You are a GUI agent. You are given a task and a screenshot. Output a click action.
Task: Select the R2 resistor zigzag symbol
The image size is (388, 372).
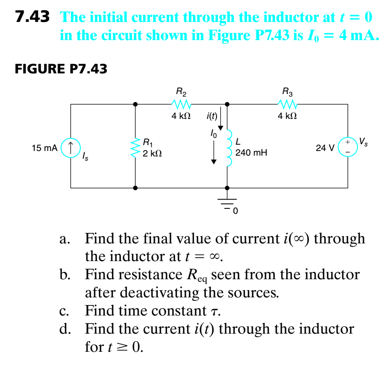tap(181, 104)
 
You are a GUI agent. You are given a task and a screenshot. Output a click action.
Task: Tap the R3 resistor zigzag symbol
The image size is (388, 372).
tap(287, 104)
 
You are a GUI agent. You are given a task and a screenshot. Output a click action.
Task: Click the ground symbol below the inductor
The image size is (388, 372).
tap(228, 201)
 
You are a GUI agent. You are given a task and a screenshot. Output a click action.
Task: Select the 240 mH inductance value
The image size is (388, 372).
tap(251, 153)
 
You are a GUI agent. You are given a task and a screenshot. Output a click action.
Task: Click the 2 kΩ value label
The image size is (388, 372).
tap(152, 154)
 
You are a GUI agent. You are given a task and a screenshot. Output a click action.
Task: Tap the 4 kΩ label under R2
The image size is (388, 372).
tap(181, 116)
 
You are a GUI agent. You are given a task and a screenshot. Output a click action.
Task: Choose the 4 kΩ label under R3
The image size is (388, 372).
tap(287, 116)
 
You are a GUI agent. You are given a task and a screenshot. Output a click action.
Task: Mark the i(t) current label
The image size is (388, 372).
tap(211, 116)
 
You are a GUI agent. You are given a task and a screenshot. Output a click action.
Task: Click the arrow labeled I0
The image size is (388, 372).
tap(215, 152)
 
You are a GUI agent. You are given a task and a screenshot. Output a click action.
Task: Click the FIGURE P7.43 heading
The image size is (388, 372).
tap(61, 68)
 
